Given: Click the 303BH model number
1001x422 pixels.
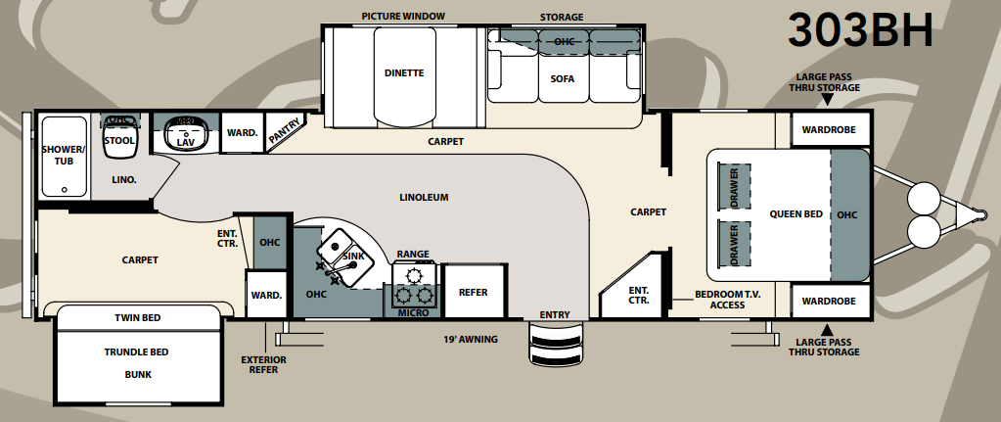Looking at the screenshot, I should pos(862,31).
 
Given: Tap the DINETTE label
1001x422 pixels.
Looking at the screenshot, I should pos(403,72).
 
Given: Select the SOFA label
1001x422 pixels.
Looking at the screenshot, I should pos(562,78).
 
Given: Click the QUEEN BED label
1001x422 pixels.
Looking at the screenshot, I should pos(796,214).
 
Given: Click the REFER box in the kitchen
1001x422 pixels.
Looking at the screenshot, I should pos(474,292).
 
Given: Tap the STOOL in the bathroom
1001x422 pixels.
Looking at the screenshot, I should pos(119,140).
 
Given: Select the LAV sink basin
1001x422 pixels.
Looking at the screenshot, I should pos(184,134).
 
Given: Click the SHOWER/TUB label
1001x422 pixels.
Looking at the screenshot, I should pos(64,156).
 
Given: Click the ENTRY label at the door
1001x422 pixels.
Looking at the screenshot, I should pos(555,314).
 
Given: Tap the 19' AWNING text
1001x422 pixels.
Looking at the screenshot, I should pos(471,340).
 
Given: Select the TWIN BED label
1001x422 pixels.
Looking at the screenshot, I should pos(137,318).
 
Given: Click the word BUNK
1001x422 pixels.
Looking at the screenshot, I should pos(137,374).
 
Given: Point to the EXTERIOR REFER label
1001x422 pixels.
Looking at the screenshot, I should pos(263,365).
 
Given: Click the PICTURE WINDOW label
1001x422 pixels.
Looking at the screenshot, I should pos(403,17).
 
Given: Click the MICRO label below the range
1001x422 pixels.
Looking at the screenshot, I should pos(413,313).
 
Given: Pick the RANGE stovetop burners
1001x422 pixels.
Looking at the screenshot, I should pos(413,283).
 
